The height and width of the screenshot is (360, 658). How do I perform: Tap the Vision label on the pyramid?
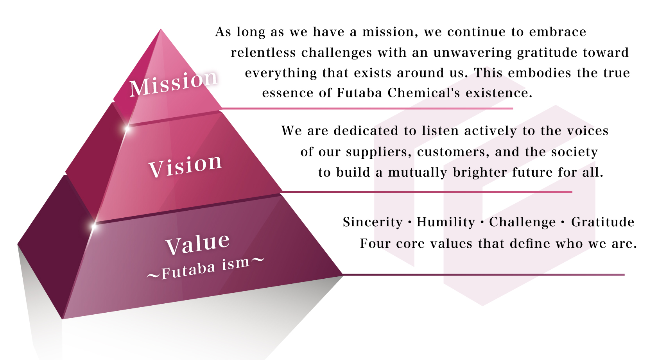[x=185, y=166]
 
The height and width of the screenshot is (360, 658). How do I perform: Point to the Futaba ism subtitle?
[x=205, y=267]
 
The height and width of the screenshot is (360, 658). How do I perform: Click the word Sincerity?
[x=373, y=222]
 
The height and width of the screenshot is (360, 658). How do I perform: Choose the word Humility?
[x=446, y=222]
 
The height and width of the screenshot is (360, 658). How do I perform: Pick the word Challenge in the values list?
[x=522, y=222]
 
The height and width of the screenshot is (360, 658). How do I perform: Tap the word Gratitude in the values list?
[x=603, y=222]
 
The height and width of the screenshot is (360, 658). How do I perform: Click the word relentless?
[x=263, y=52]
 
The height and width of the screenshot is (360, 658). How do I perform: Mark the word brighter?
[x=480, y=172]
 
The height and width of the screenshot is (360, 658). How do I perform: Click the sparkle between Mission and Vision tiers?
[x=127, y=128]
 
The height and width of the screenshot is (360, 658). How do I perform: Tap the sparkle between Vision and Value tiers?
[x=94, y=226]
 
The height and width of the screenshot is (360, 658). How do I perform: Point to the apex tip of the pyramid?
[x=161, y=29]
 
